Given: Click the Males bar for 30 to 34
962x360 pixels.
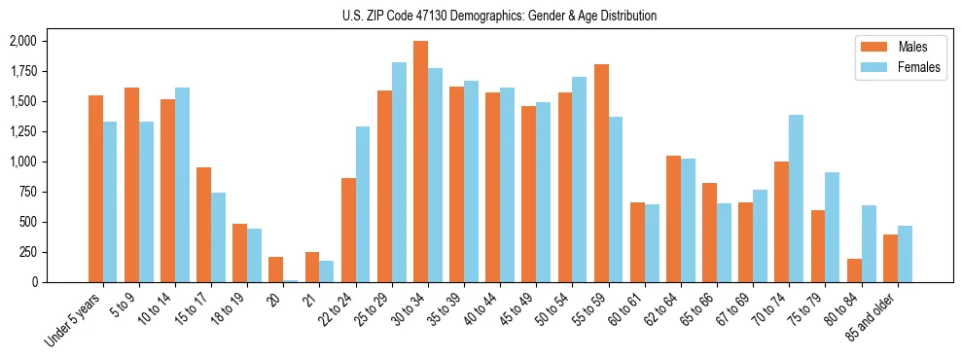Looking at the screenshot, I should click(420, 162).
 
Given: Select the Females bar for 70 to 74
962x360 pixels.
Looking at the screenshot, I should click(796, 198).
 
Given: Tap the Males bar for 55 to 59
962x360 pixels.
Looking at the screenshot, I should click(601, 173).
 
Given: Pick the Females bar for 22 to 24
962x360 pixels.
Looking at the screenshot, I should click(363, 204).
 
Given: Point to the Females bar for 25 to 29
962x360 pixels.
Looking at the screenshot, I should click(399, 172).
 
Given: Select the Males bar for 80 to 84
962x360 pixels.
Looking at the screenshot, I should click(854, 270).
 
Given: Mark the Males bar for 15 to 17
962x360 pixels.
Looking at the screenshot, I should click(204, 225).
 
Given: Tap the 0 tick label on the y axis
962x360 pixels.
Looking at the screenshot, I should click(33, 282).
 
